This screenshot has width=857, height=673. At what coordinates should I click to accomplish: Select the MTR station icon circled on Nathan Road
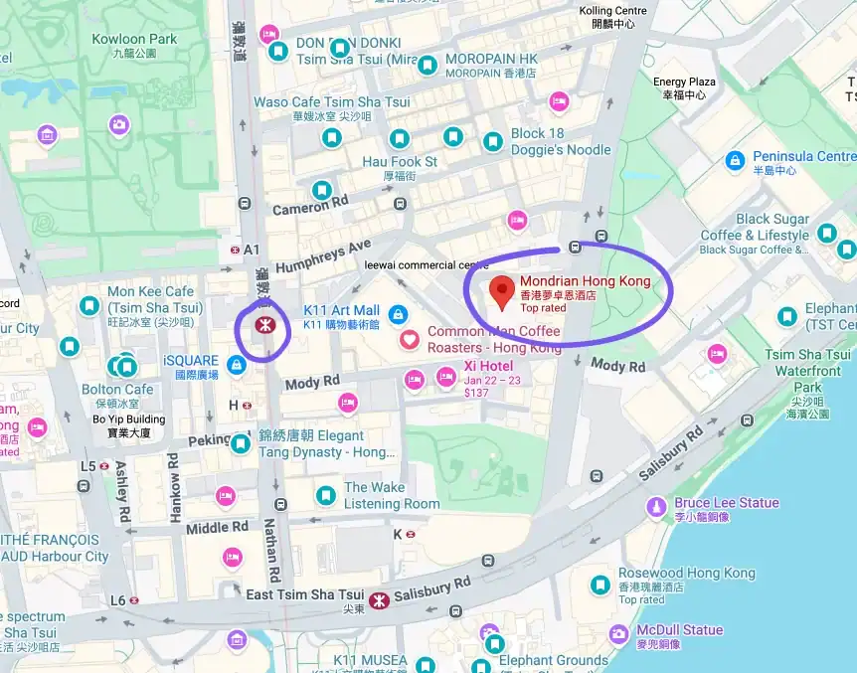pos(263,325)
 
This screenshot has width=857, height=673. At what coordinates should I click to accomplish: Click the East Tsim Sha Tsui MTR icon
pos(378,599)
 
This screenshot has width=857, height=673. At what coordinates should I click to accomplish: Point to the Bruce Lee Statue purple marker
pos(656,508)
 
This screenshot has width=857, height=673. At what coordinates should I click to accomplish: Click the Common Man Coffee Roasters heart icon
pos(409,340)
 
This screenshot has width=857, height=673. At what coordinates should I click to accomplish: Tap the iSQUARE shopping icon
pos(237,366)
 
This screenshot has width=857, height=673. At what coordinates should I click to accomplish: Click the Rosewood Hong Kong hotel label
pos(686,574)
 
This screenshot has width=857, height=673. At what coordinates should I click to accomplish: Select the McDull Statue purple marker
pos(619,633)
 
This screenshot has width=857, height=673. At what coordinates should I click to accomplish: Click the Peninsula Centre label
pos(803,157)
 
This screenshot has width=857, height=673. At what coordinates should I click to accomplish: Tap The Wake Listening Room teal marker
pos(325,495)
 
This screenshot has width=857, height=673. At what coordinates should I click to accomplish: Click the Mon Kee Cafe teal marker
pos(90,304)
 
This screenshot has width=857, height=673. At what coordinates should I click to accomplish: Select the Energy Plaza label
pos(683,83)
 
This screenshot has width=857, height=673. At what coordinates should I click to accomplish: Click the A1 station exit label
pos(251,249)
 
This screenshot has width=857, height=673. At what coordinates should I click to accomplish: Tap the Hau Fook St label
pos(400,161)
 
